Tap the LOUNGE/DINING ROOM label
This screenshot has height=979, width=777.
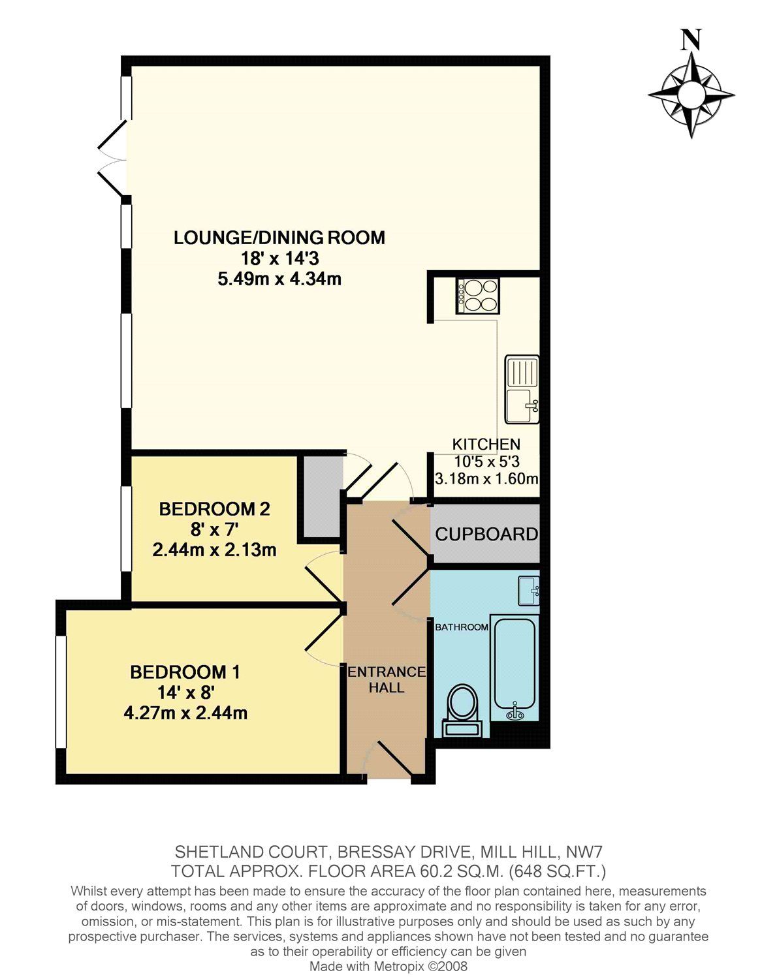tap(279, 238)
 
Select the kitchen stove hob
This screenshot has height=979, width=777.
tap(478, 296)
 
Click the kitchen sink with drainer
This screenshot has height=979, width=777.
tap(522, 389)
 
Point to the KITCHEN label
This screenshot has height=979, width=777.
tap(486, 444)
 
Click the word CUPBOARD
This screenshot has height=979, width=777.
tap(486, 535)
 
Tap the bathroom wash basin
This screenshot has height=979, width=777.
tap(528, 590)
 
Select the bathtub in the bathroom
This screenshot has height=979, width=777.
tap(515, 670)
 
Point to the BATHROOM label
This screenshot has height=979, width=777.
tap(462, 627)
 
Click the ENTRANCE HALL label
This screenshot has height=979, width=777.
tap(387, 679)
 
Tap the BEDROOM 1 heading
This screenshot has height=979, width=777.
tap(185, 672)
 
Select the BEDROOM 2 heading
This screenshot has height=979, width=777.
tap(214, 508)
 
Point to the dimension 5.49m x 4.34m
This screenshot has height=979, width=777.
tap(279, 279)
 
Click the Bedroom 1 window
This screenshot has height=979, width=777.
tap(60, 691)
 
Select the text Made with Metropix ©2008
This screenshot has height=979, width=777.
tap(388, 967)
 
